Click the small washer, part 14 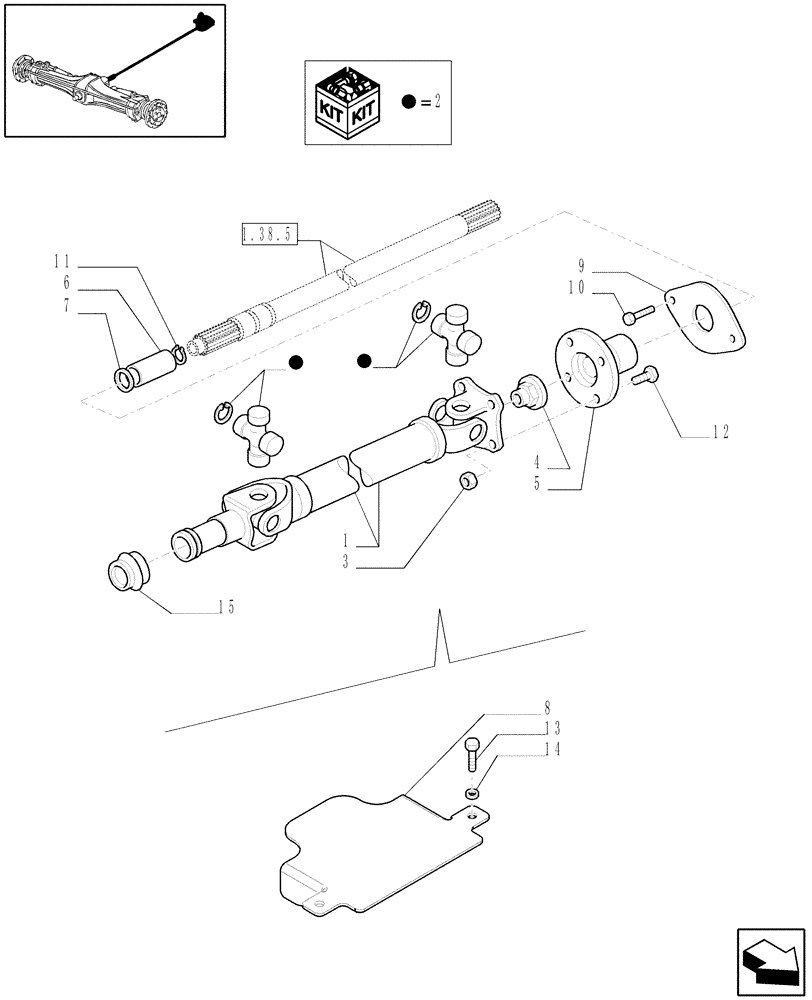(x=472, y=794)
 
